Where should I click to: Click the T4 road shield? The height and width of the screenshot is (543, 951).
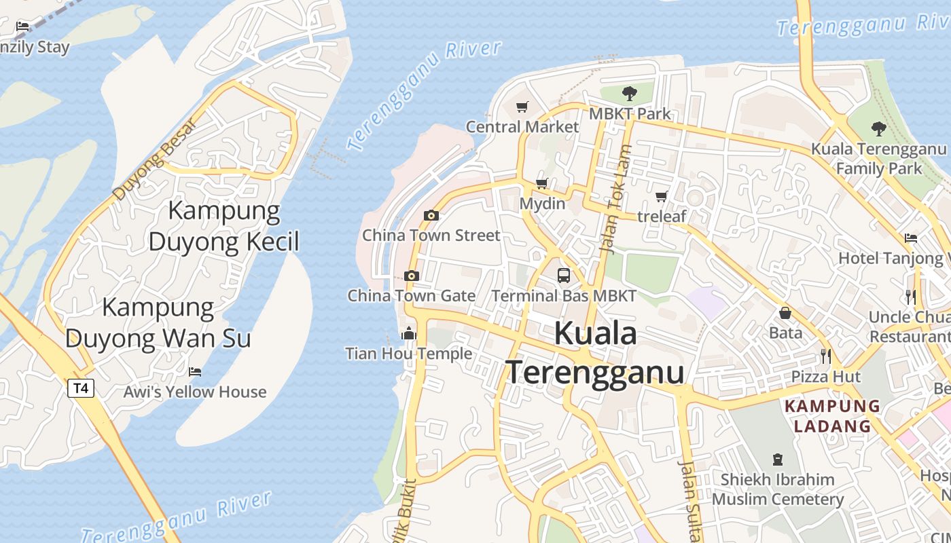click(81, 388)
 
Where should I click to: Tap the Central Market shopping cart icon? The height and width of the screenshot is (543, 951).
click(522, 107)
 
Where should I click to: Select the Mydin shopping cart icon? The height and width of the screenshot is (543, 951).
click(542, 183)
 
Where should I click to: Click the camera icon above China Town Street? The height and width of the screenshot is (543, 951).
click(431, 216)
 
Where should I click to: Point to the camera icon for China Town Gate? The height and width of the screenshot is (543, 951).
click(411, 276)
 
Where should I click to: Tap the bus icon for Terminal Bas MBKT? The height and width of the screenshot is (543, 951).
click(564, 275)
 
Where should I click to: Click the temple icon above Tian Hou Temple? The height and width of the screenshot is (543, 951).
click(409, 333)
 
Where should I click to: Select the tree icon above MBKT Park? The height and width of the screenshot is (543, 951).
click(630, 93)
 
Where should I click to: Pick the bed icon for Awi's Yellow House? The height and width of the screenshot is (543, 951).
click(195, 372)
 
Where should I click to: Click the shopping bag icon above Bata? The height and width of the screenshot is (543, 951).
click(785, 313)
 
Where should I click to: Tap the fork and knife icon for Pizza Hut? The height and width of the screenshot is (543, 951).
click(825, 356)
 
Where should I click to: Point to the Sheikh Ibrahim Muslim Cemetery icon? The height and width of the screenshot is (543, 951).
click(778, 460)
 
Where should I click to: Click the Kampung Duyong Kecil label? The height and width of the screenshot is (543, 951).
click(224, 226)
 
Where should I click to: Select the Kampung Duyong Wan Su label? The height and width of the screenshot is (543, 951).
click(158, 322)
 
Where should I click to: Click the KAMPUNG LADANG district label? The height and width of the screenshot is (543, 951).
click(833, 416)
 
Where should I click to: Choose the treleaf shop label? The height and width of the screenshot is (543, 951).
click(662, 216)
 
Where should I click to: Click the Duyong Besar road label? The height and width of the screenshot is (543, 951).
click(155, 160)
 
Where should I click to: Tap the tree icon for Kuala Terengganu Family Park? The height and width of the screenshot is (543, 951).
click(878, 128)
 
